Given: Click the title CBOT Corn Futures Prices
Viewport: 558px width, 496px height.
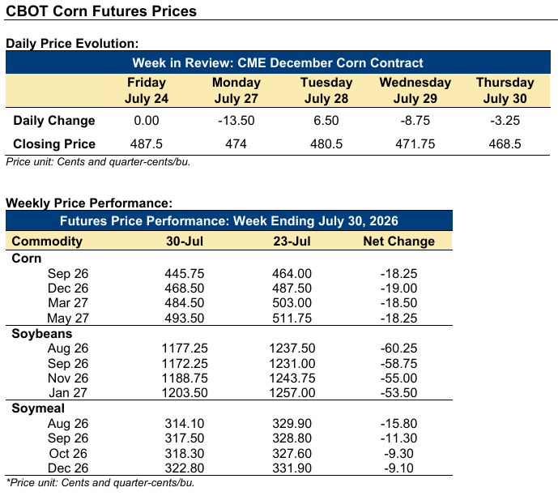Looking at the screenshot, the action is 101,11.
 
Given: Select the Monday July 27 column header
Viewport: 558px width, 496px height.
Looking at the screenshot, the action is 236,91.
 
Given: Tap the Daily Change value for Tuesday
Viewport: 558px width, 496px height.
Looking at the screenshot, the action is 326,120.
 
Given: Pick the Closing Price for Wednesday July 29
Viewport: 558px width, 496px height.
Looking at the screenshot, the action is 415,143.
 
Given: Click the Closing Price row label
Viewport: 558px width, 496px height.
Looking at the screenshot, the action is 54,143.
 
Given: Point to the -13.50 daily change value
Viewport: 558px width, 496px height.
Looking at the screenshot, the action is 236,120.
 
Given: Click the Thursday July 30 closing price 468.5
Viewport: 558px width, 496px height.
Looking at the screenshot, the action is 505,143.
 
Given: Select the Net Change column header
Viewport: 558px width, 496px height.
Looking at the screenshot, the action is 399,241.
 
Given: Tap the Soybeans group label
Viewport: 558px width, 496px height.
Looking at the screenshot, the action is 42,334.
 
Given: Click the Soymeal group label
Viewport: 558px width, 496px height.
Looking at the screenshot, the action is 38,408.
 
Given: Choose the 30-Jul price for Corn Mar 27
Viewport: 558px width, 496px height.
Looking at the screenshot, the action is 185,302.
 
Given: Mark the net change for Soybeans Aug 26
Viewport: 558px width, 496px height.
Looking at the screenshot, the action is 398,348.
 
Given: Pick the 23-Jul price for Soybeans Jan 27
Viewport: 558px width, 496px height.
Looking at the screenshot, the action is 292,392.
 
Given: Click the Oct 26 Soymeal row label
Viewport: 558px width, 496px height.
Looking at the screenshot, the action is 68,453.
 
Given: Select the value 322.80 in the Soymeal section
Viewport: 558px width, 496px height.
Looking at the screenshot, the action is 185,468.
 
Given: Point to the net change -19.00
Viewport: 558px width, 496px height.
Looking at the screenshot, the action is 398,288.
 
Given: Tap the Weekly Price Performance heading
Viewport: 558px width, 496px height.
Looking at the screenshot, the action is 89,203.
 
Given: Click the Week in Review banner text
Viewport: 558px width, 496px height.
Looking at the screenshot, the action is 278,62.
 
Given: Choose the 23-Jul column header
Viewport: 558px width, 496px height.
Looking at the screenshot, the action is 292,241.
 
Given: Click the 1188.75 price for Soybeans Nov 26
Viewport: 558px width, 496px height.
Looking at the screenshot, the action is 185,378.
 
